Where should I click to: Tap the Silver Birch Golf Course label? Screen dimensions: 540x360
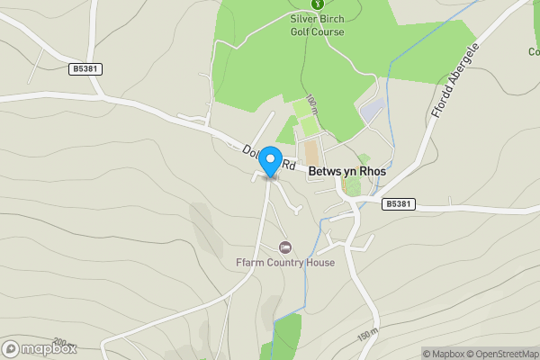pyautogui.click(x=316, y=24)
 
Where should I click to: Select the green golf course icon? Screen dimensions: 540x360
pyautogui.click(x=316, y=4)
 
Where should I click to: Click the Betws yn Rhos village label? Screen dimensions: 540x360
pyautogui.click(x=346, y=170)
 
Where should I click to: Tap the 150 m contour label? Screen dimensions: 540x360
pyautogui.click(x=367, y=335)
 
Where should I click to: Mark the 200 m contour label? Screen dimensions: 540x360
pyautogui.click(x=61, y=342)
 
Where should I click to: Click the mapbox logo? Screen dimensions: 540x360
pyautogui.click(x=40, y=348)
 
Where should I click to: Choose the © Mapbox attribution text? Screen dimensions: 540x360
pyautogui.click(x=445, y=354)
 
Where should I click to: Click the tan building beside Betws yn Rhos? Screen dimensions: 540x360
pyautogui.click(x=310, y=151)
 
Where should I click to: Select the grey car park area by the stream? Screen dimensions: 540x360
pyautogui.click(x=372, y=113)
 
